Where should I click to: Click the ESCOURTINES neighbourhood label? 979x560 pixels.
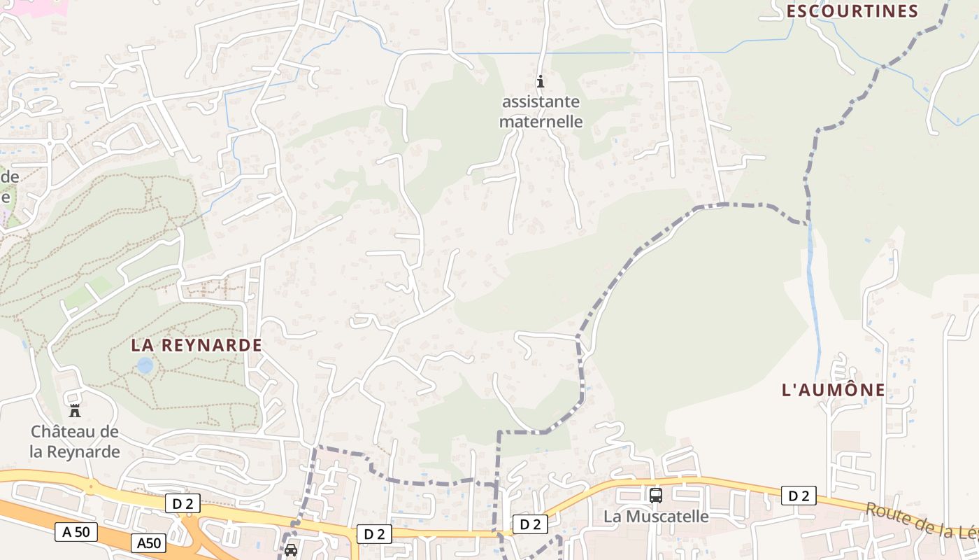tap(852, 11)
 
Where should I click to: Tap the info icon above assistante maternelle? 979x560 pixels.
tap(540, 81)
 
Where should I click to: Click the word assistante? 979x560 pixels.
tap(541, 101)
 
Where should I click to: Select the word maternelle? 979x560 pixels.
tap(541, 121)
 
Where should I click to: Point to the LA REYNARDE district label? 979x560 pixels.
tap(196, 345)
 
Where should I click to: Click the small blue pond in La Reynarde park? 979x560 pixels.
tap(145, 365)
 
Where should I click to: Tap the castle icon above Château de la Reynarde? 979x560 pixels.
tap(75, 410)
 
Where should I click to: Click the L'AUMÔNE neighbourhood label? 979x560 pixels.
tap(834, 390)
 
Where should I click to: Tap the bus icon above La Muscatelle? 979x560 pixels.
tap(656, 496)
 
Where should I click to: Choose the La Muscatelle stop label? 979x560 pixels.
tap(656, 517)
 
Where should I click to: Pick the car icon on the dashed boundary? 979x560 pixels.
tap(291, 550)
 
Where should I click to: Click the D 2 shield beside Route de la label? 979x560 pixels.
tap(799, 496)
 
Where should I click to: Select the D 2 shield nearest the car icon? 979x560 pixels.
tap(374, 534)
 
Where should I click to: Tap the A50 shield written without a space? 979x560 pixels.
tap(149, 542)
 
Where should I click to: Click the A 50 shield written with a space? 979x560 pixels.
tap(76, 532)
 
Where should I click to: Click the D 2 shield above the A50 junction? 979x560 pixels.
tap(183, 503)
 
